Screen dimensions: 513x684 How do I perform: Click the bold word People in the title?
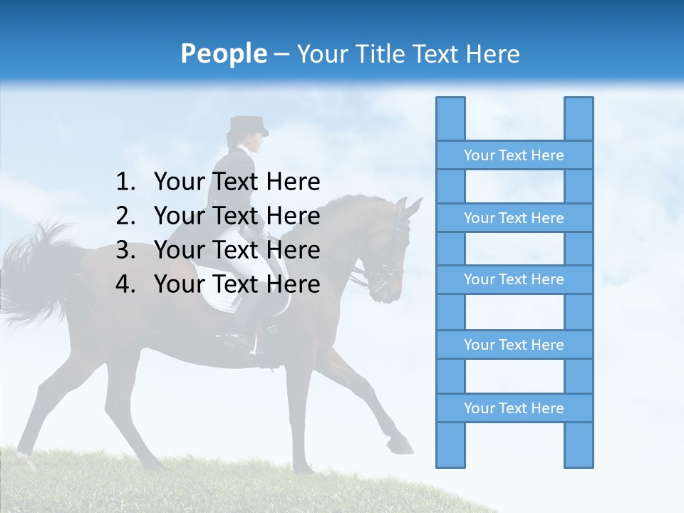(x=222, y=53)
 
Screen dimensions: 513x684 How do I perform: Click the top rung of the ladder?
(x=514, y=155)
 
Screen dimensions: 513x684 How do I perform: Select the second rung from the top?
(x=514, y=218)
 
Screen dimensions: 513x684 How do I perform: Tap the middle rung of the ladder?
(x=514, y=279)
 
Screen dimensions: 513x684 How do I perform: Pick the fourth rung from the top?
(x=514, y=345)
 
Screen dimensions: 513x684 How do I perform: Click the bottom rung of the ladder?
(x=514, y=408)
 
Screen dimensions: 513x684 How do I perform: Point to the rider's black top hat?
(x=247, y=126)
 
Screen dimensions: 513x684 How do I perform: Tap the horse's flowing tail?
(x=36, y=271)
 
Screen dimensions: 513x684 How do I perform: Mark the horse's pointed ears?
(x=407, y=207)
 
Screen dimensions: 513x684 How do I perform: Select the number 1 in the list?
(x=124, y=182)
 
